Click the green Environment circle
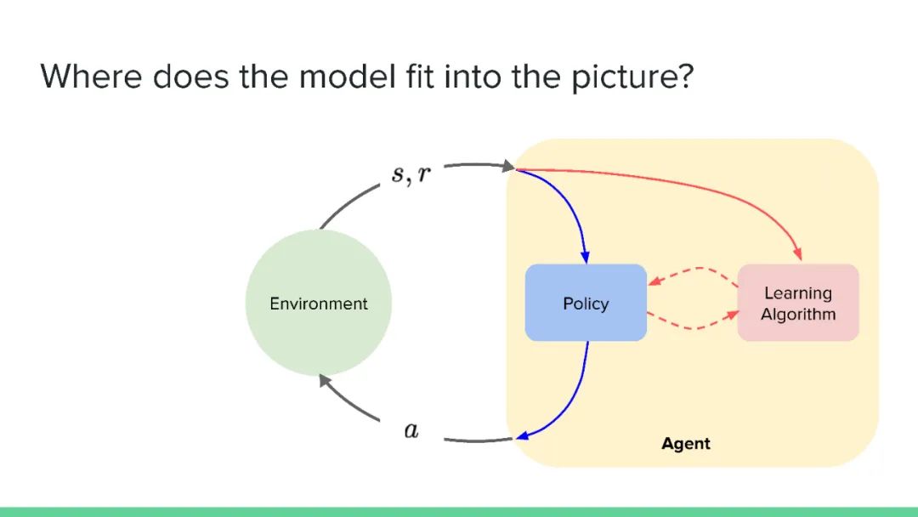click(319, 303)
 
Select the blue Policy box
click(586, 303)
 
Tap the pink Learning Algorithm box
click(798, 303)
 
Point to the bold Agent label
click(685, 444)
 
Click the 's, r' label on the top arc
click(411, 174)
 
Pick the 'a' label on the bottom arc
click(411, 431)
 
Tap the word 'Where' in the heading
click(90, 76)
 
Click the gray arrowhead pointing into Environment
click(326, 383)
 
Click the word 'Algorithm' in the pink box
click(798, 315)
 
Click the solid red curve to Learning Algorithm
click(697, 183)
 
